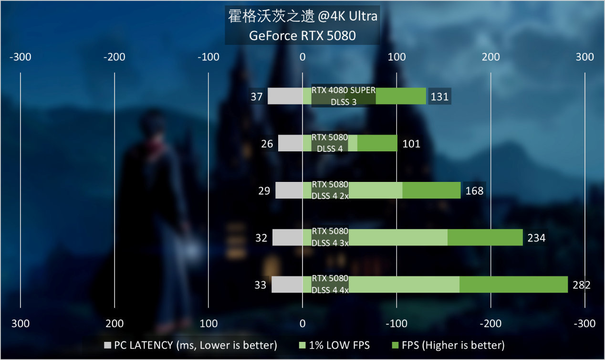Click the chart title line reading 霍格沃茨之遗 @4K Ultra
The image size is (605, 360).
[x=302, y=17]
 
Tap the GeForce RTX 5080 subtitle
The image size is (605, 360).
[x=302, y=36]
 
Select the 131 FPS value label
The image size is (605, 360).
[x=439, y=97]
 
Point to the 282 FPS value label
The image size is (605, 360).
[x=581, y=285]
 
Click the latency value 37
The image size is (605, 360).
[x=257, y=97]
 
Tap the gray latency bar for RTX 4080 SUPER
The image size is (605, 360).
[x=285, y=96]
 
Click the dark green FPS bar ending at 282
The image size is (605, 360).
[x=513, y=285]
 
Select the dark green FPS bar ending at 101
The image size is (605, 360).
[x=377, y=143]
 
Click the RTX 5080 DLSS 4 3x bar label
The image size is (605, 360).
[x=330, y=237]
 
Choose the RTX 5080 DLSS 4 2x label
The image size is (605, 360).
[x=330, y=190]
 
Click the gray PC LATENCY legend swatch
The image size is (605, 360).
[x=107, y=345]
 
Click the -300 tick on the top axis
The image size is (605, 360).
[x=21, y=57]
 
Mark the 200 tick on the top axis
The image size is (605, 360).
[x=490, y=57]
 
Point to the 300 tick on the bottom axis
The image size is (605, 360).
[x=21, y=324]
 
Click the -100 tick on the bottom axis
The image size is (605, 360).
[x=396, y=324]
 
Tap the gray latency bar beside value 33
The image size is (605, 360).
[x=287, y=285]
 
